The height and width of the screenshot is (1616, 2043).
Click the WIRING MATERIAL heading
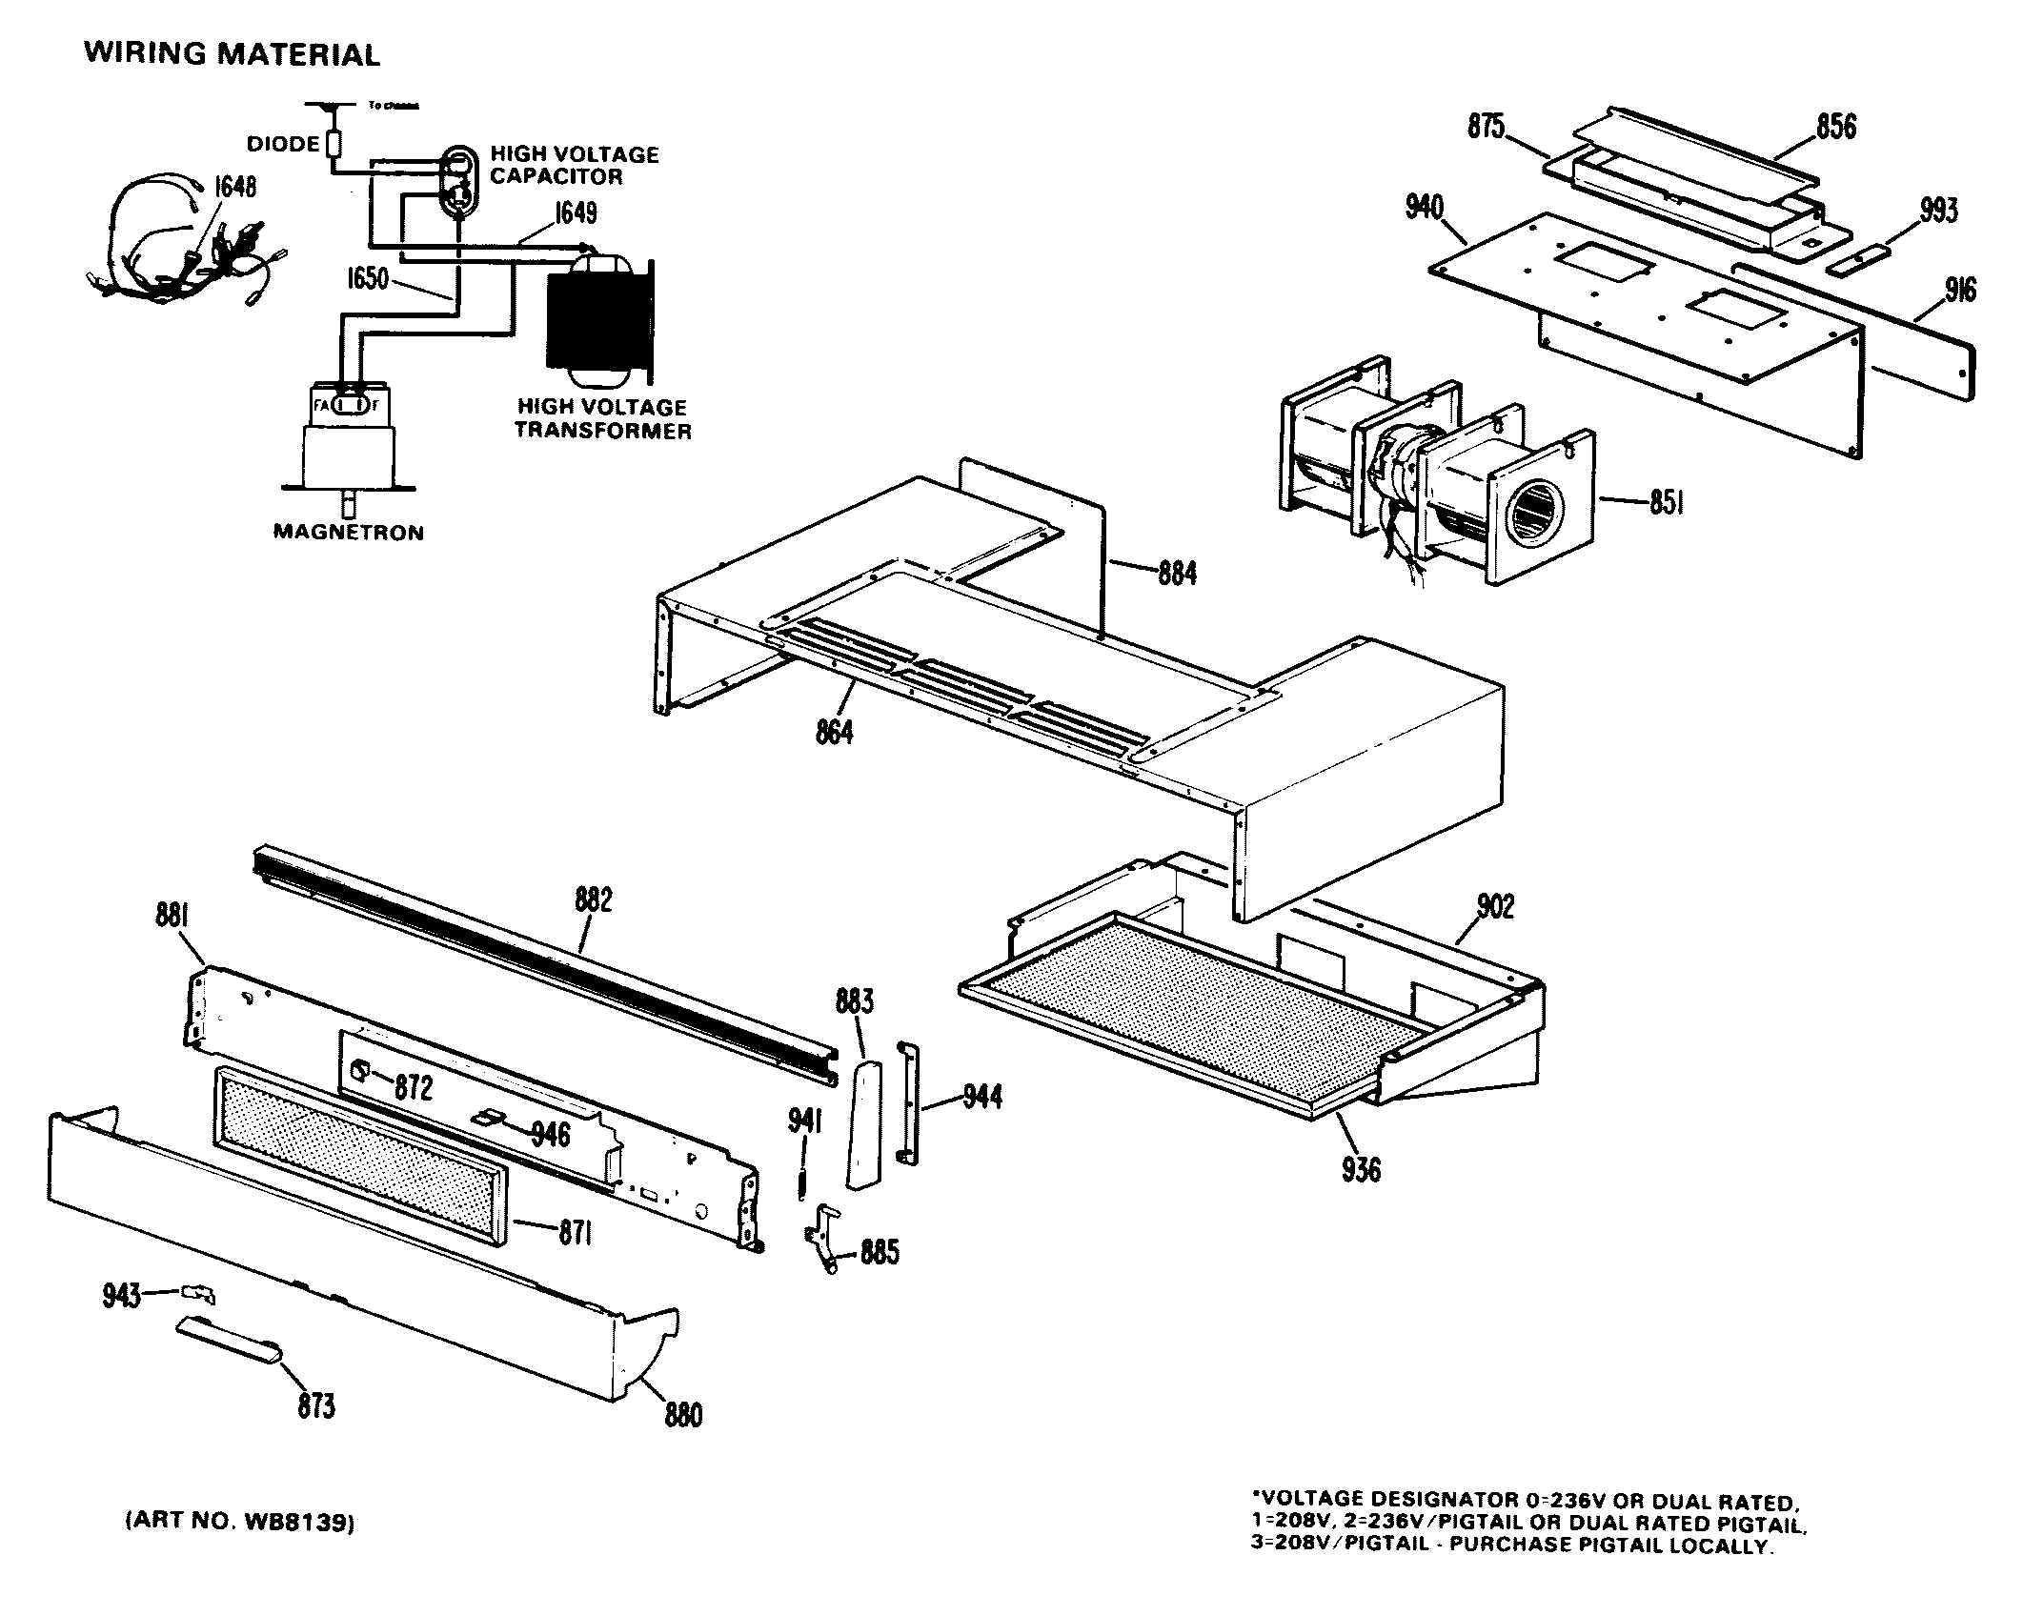point(232,54)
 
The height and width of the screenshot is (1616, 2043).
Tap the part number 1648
point(233,187)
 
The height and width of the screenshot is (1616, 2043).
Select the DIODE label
point(283,145)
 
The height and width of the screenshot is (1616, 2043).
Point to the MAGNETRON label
point(349,533)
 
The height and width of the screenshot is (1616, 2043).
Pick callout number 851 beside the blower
point(1666,502)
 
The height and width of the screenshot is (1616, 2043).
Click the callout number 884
point(1177,574)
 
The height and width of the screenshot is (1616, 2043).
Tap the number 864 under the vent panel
point(835,732)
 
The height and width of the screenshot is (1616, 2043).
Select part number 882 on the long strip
point(594,900)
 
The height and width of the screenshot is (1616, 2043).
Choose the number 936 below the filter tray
point(1361,1169)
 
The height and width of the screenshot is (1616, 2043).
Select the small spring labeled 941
point(802,1179)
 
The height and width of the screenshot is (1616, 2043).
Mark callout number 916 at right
point(1960,290)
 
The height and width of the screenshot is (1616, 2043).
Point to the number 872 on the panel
point(414,1088)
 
